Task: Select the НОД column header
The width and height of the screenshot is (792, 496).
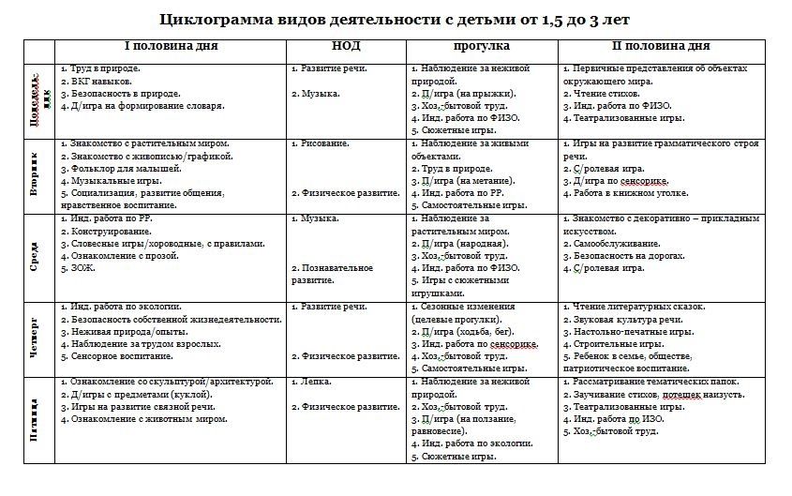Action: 346,46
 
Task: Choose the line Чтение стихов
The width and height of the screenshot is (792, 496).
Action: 610,94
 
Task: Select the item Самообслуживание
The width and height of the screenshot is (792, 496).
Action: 624,243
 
